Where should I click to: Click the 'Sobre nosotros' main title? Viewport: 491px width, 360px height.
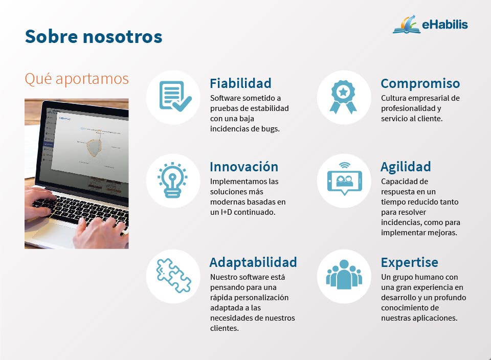(94, 36)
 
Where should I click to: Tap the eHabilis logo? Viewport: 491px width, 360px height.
(430, 24)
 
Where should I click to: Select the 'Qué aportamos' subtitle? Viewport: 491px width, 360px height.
(77, 79)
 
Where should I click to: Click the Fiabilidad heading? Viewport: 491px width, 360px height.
(240, 83)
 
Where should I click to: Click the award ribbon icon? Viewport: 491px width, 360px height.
(343, 97)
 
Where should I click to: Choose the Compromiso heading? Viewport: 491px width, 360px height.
(420, 83)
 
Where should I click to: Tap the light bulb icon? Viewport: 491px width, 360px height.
(172, 180)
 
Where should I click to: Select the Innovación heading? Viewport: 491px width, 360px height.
(244, 167)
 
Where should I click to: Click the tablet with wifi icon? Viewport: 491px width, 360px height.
(344, 179)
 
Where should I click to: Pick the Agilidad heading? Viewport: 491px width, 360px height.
(406, 167)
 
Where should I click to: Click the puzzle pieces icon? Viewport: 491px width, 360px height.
(173, 276)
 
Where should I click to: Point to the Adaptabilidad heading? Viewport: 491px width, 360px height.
(253, 262)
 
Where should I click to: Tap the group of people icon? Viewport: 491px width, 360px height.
(344, 274)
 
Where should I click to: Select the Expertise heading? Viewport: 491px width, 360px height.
(409, 262)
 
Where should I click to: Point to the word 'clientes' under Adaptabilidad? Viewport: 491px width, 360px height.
(224, 328)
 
